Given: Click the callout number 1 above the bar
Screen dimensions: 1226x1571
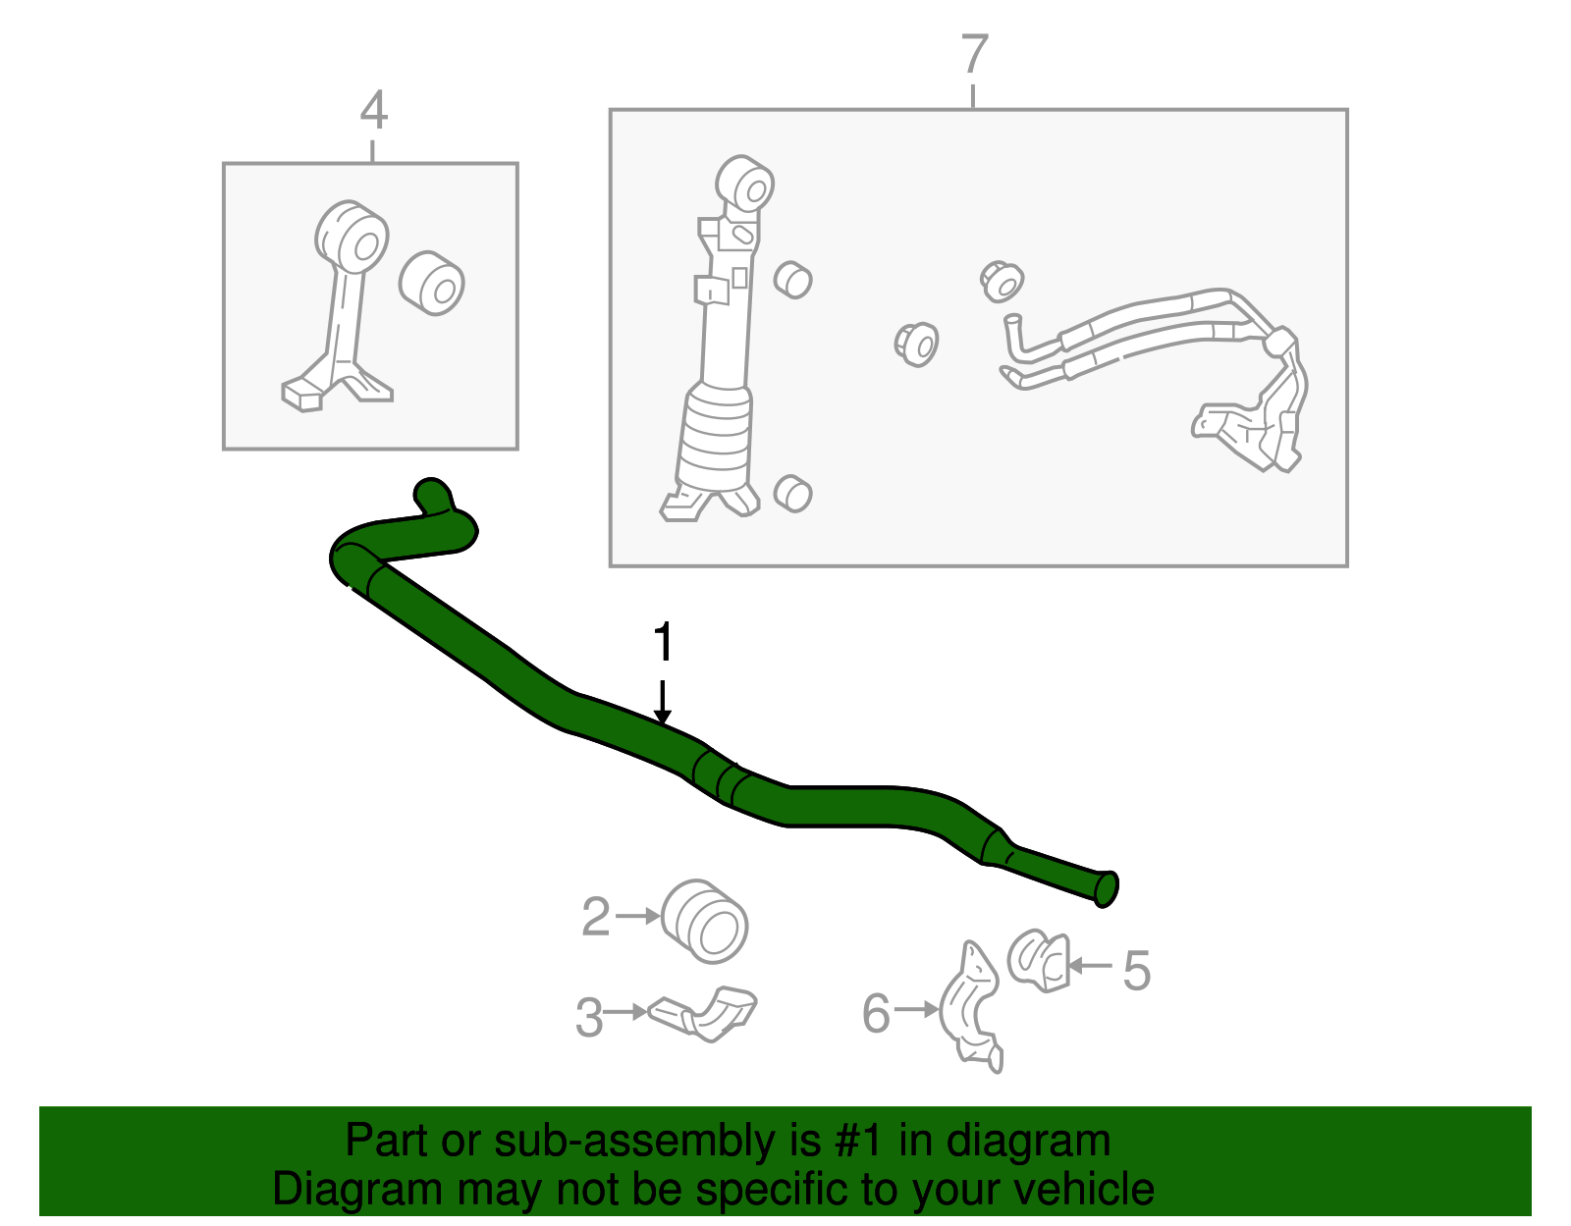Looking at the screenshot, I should pyautogui.click(x=664, y=643).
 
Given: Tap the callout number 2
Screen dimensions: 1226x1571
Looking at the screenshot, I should pyautogui.click(x=596, y=917).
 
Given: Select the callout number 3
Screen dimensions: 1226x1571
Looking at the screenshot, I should pyautogui.click(x=589, y=1017).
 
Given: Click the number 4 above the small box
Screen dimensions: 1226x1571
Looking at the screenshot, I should pyautogui.click(x=373, y=111).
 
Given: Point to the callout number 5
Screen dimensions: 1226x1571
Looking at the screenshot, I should pyautogui.click(x=1136, y=971).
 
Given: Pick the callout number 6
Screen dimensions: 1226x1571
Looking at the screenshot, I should pyautogui.click(x=876, y=1013).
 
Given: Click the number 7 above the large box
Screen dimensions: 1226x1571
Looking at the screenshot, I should pyautogui.click(x=973, y=54).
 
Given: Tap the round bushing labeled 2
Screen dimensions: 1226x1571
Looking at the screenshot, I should pyautogui.click(x=705, y=922).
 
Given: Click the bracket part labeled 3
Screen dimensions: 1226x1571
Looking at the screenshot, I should pyautogui.click(x=705, y=1014).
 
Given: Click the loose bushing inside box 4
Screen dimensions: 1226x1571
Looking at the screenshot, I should pyautogui.click(x=432, y=283).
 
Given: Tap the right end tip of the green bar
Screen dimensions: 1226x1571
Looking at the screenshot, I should pyautogui.click(x=1106, y=888).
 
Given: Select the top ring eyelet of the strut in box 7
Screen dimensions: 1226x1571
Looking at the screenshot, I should pyautogui.click(x=745, y=184).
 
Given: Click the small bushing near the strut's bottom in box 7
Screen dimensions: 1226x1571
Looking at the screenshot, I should pyautogui.click(x=792, y=493).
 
